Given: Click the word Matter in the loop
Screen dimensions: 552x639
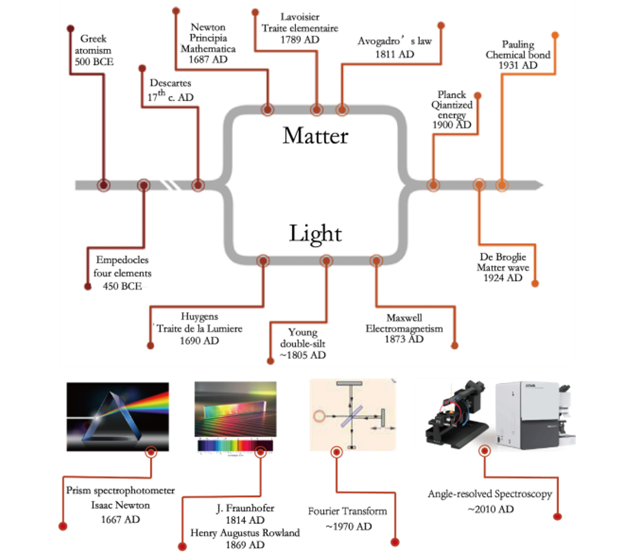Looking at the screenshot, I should pos(315,135).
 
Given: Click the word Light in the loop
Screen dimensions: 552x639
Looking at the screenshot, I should pos(315,233).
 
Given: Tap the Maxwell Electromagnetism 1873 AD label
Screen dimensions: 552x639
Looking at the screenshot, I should pos(404,328).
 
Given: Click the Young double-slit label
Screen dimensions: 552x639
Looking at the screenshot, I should pos(302,343).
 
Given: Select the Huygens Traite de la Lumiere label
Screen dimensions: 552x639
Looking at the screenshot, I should pos(199,328).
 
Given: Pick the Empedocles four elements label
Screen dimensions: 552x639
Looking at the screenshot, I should pos(122,273).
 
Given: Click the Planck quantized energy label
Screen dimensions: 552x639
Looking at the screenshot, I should pos(452,110).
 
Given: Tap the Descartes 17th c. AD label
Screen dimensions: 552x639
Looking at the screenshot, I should pos(171,90).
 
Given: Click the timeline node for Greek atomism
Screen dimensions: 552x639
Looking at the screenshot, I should pos(104,185).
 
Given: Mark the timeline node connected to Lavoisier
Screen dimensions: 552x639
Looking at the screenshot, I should pos(316,110).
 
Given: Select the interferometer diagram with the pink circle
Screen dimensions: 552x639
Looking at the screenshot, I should pos(353,414).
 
